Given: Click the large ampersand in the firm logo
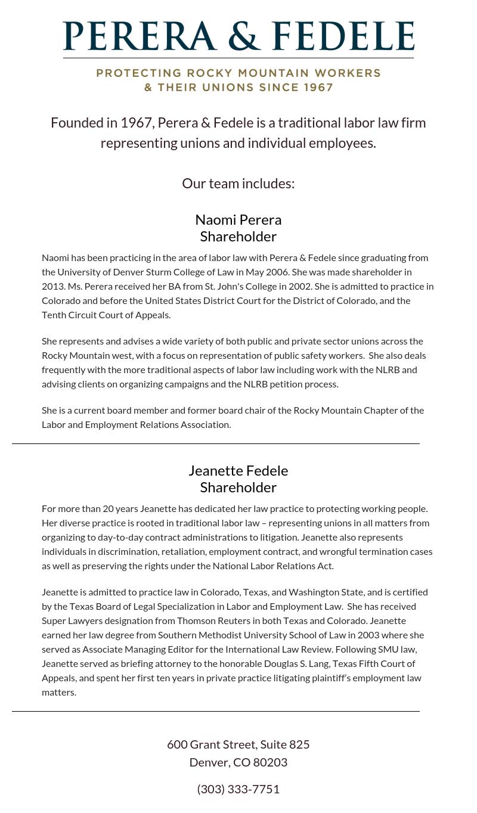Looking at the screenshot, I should [x=245, y=35].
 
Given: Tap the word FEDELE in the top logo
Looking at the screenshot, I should [x=343, y=35].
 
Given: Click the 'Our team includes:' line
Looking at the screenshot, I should [x=238, y=183].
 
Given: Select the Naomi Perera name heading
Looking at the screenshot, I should [x=238, y=219].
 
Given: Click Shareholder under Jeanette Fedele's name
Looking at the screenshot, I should [x=238, y=487].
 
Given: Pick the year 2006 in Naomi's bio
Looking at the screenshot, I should [x=277, y=272].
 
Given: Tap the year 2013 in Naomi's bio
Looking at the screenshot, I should [x=52, y=286].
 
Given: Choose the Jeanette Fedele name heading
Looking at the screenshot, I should [x=238, y=470].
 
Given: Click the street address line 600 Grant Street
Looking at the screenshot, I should [x=238, y=744].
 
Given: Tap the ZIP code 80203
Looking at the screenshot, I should [x=270, y=762].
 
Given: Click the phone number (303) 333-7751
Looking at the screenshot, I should [x=238, y=789].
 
